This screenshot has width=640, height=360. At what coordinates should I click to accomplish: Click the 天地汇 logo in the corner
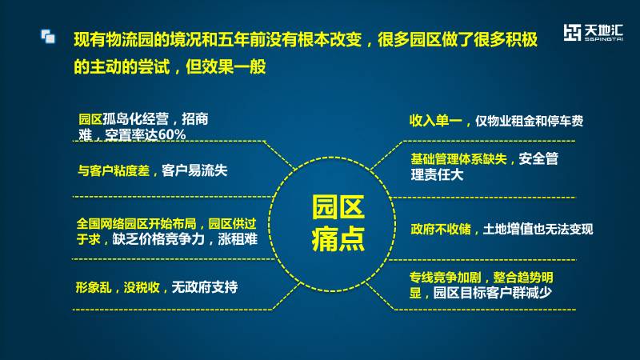tap(593, 33)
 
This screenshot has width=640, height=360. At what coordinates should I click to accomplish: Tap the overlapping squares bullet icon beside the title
tap(48, 36)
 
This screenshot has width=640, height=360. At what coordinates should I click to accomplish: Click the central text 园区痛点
tap(338, 223)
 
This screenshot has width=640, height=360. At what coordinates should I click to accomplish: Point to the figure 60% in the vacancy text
tap(172, 134)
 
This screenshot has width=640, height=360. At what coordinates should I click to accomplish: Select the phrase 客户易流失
tap(194, 170)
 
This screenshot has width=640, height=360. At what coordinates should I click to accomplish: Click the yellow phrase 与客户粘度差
tap(114, 170)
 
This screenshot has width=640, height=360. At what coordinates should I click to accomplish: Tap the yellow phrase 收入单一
tap(435, 121)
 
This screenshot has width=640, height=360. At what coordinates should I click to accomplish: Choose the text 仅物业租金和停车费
tap(529, 121)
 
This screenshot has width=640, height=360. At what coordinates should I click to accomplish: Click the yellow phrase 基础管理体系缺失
tap(458, 158)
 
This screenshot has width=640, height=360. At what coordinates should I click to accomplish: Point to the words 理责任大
tap(437, 174)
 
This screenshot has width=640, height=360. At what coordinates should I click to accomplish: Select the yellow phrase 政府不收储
tap(441, 229)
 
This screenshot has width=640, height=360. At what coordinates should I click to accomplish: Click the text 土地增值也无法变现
tap(538, 229)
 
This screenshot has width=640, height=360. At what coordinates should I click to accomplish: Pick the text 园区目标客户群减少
tap(492, 292)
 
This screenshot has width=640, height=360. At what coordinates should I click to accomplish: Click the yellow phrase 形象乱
tap(93, 287)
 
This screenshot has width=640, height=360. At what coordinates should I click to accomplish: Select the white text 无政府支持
tap(205, 287)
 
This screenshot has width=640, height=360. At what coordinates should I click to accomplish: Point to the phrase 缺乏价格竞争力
tap(158, 238)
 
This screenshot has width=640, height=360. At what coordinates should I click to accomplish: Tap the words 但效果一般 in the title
tap(226, 66)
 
